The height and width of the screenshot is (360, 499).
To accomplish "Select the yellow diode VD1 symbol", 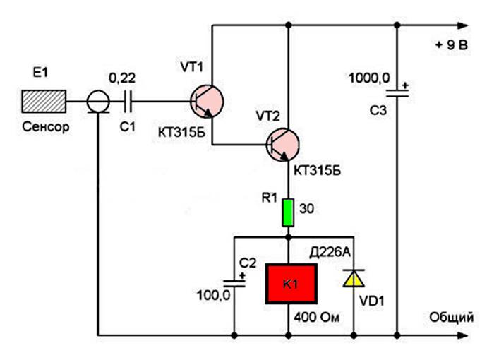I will (x=351, y=280).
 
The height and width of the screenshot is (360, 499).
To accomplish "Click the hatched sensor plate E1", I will (x=44, y=101).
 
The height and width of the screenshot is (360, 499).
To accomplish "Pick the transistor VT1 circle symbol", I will (x=208, y=102).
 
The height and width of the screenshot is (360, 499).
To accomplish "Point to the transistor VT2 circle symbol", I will (x=285, y=145).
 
